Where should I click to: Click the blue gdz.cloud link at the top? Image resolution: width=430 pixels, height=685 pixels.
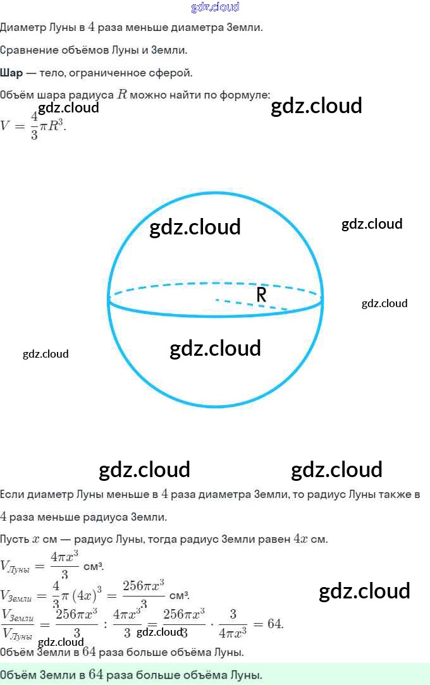[x=215, y=7]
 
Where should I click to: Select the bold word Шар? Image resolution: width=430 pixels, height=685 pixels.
[x=11, y=73]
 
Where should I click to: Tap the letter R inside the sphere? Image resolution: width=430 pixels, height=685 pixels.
[x=261, y=294]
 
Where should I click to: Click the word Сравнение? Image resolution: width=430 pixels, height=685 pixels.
[x=28, y=50]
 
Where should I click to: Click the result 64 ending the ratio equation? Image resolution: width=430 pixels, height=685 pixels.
[x=274, y=624]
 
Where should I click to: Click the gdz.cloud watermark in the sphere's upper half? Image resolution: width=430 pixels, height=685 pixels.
[x=195, y=227]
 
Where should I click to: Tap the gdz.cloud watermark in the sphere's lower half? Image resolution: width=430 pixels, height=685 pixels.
[x=215, y=348]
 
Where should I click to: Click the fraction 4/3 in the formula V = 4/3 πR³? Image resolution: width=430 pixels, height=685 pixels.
[x=34, y=124]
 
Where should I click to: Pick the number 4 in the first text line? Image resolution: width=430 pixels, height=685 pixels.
[x=91, y=27]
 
